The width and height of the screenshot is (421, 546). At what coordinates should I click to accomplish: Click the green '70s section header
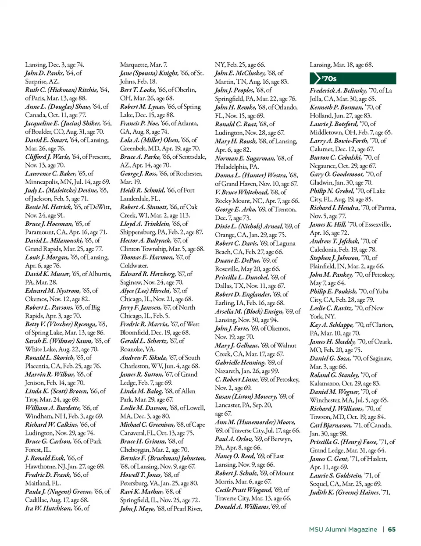[x=353, y=79]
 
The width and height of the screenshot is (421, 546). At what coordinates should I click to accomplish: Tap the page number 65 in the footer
[x=392, y=529]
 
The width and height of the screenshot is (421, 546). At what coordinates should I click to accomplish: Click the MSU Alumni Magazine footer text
[x=343, y=529]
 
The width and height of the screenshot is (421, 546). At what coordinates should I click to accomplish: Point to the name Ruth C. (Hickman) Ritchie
[x=61, y=90]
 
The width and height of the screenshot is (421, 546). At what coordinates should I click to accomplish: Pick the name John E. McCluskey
[x=239, y=73]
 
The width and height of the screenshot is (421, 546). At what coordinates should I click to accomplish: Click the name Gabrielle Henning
[x=240, y=363]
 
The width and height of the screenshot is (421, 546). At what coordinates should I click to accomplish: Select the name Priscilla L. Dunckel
[x=241, y=277]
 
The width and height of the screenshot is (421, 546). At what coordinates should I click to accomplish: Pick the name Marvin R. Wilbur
[x=49, y=375]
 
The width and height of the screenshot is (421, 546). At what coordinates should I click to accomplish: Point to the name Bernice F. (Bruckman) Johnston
[x=163, y=458]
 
